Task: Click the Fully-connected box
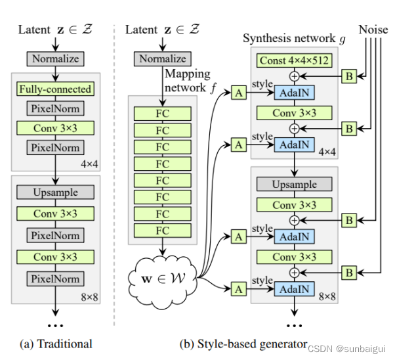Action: pos(55,89)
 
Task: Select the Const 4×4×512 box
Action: pos(294,60)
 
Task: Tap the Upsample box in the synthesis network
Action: pos(294,184)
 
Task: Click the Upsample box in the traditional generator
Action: pos(55,192)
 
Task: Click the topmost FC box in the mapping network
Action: pos(163,114)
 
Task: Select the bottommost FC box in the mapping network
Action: pos(163,231)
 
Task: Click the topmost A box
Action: pos(239,93)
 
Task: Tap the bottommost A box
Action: pos(239,289)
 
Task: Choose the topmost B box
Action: pos(349,76)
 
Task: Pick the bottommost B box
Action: pos(349,273)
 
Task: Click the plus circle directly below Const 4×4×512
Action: pos(294,76)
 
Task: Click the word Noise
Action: pos(373,30)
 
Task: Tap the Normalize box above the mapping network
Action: pos(163,58)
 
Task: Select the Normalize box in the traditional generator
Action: pos(55,58)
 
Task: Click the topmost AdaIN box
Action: pos(294,93)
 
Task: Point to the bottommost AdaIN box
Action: pos(294,289)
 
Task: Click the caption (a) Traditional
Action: pos(56,344)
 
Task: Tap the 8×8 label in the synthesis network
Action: pos(327,296)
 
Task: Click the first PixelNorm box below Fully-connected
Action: pos(55,108)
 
